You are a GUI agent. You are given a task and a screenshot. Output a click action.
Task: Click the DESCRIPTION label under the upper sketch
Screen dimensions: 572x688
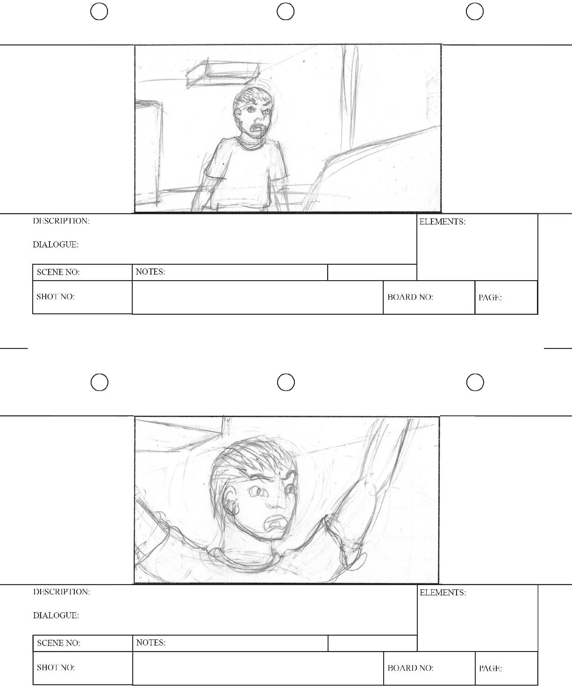coord(61,221)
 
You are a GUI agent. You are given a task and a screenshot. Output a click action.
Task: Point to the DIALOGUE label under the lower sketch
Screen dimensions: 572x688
coord(56,616)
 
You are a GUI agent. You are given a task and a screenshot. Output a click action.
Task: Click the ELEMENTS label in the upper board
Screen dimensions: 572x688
coord(442,222)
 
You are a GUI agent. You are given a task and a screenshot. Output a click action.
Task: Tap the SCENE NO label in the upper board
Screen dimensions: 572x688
coord(58,272)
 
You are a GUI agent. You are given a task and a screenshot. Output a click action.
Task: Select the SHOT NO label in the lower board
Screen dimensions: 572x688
coord(56,667)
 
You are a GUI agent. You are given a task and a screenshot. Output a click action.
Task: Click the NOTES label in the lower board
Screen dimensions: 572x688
coord(151,643)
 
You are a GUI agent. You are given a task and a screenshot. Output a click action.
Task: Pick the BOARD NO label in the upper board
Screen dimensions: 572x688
coord(410,297)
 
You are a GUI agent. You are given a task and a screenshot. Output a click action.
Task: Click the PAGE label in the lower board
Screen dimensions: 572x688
coord(490,668)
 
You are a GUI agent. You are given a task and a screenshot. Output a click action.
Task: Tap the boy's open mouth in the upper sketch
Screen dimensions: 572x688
coord(257,130)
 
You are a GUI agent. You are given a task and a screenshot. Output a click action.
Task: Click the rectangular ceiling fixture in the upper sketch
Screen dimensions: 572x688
coord(222,73)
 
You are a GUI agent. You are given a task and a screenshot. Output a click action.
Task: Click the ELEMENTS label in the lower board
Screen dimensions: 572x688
coord(443,593)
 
